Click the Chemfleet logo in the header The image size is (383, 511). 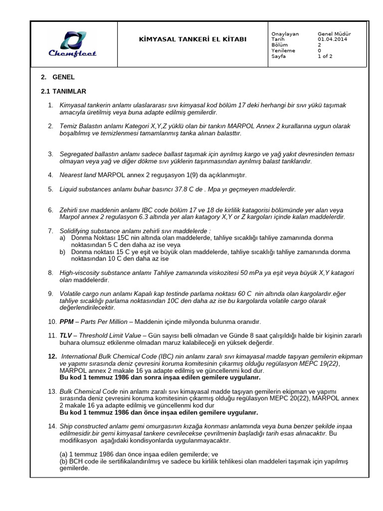pos(72,44)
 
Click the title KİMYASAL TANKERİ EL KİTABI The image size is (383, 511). pos(192,39)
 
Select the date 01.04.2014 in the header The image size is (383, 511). pos(333,39)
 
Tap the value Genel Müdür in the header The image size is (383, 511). pos(335,33)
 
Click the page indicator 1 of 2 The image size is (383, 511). pos(325,56)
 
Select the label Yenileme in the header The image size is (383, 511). pos(283,50)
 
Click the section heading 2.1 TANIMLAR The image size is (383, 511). pos(63,91)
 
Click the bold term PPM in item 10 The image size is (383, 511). pos(66,322)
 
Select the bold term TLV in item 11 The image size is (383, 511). pos(66,336)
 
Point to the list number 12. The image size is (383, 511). pos(52,357)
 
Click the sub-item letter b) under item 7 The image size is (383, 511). pos(63,252)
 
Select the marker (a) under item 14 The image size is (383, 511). pos(64,455)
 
